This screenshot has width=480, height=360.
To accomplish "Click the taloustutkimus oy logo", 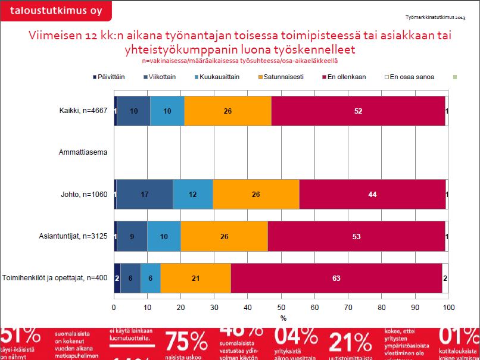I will [49, 10].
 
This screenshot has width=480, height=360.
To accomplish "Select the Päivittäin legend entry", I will [112, 77].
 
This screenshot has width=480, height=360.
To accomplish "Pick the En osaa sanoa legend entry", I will [410, 77].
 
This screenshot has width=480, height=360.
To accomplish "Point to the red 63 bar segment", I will [336, 278].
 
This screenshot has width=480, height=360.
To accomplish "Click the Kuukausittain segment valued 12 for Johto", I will [192, 195].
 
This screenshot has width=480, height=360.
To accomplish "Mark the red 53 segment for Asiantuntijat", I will [356, 236].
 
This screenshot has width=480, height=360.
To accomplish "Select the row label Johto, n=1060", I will [83, 195].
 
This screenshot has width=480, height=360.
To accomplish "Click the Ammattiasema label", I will [83, 153].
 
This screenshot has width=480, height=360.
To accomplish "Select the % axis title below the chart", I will [283, 318].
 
